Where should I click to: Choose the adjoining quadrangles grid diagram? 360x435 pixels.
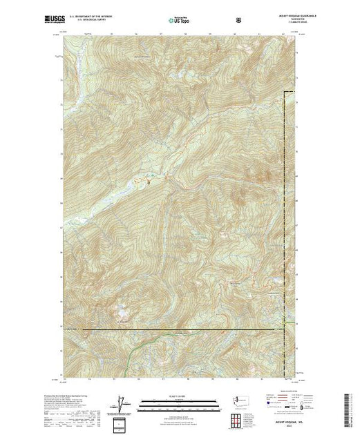(x=238, y=418)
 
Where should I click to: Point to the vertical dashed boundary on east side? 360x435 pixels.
(x=286, y=207)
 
